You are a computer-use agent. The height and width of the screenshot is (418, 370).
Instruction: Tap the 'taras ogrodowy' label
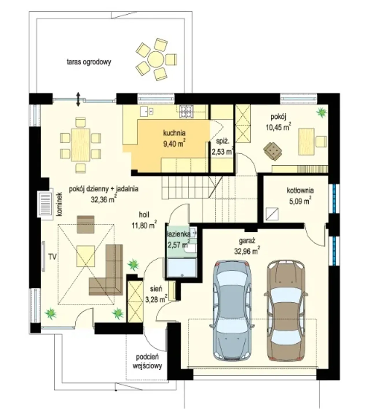(89, 62)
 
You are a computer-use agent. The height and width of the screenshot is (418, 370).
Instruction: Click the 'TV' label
(53, 257)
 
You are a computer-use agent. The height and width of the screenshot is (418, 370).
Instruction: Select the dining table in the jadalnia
(81, 145)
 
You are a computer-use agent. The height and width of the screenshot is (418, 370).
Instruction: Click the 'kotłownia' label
(300, 190)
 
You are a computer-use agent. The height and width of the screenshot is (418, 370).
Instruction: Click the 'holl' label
(144, 214)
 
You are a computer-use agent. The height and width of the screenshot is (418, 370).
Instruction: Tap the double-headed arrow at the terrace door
(78, 99)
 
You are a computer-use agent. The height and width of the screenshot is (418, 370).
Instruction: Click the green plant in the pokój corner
(322, 112)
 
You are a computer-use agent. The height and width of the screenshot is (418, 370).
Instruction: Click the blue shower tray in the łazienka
(182, 267)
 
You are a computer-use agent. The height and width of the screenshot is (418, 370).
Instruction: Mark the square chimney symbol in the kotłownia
(272, 214)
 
